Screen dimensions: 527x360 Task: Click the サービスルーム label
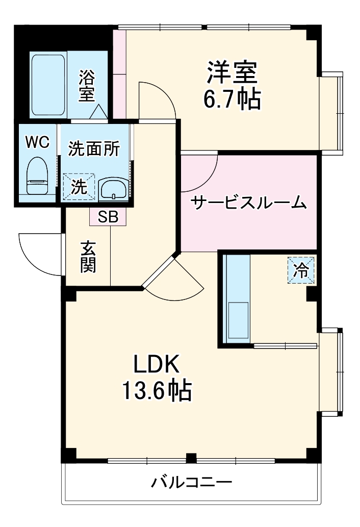[248, 203]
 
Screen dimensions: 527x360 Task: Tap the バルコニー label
[191, 482]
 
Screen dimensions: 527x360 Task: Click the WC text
[38, 143]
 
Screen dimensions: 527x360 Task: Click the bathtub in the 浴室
[48, 85]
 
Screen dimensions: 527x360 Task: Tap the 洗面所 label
[94, 148]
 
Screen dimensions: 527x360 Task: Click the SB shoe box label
[108, 217]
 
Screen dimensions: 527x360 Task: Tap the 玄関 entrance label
[88, 257]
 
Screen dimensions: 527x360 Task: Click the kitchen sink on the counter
[238, 320]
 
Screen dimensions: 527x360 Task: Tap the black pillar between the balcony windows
[191, 458]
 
